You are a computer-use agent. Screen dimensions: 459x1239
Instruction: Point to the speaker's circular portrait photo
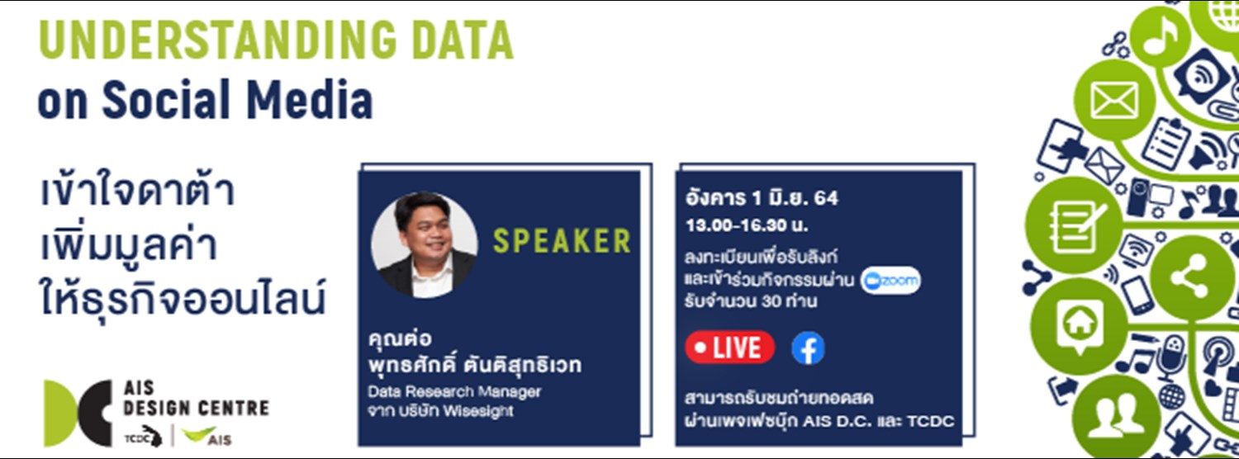tap(424, 245)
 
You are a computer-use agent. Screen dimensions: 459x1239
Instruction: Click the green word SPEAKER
tap(562, 241)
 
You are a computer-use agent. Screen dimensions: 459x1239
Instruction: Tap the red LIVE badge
tap(729, 348)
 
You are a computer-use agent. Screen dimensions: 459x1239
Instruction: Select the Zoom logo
tap(890, 281)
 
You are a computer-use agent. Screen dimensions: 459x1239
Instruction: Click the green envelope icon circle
tap(1114, 101)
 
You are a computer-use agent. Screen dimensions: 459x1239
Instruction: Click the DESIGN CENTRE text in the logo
tap(195, 409)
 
